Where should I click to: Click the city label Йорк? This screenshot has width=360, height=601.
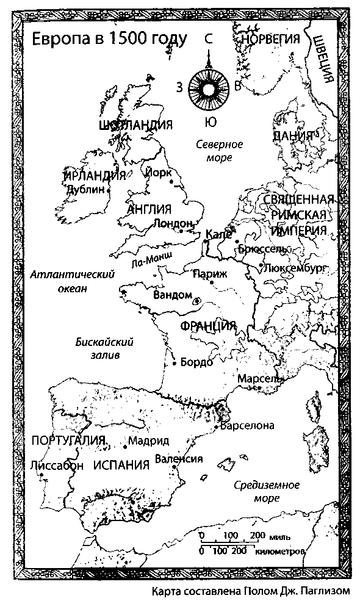click(x=159, y=173)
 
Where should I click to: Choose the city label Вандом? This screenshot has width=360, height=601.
click(x=173, y=295)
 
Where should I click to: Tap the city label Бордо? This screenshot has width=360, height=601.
click(x=197, y=362)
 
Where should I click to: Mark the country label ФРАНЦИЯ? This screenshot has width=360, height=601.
click(x=208, y=326)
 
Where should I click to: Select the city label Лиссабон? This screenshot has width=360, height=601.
click(x=56, y=465)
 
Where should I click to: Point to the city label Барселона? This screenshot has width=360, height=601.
click(x=248, y=426)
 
